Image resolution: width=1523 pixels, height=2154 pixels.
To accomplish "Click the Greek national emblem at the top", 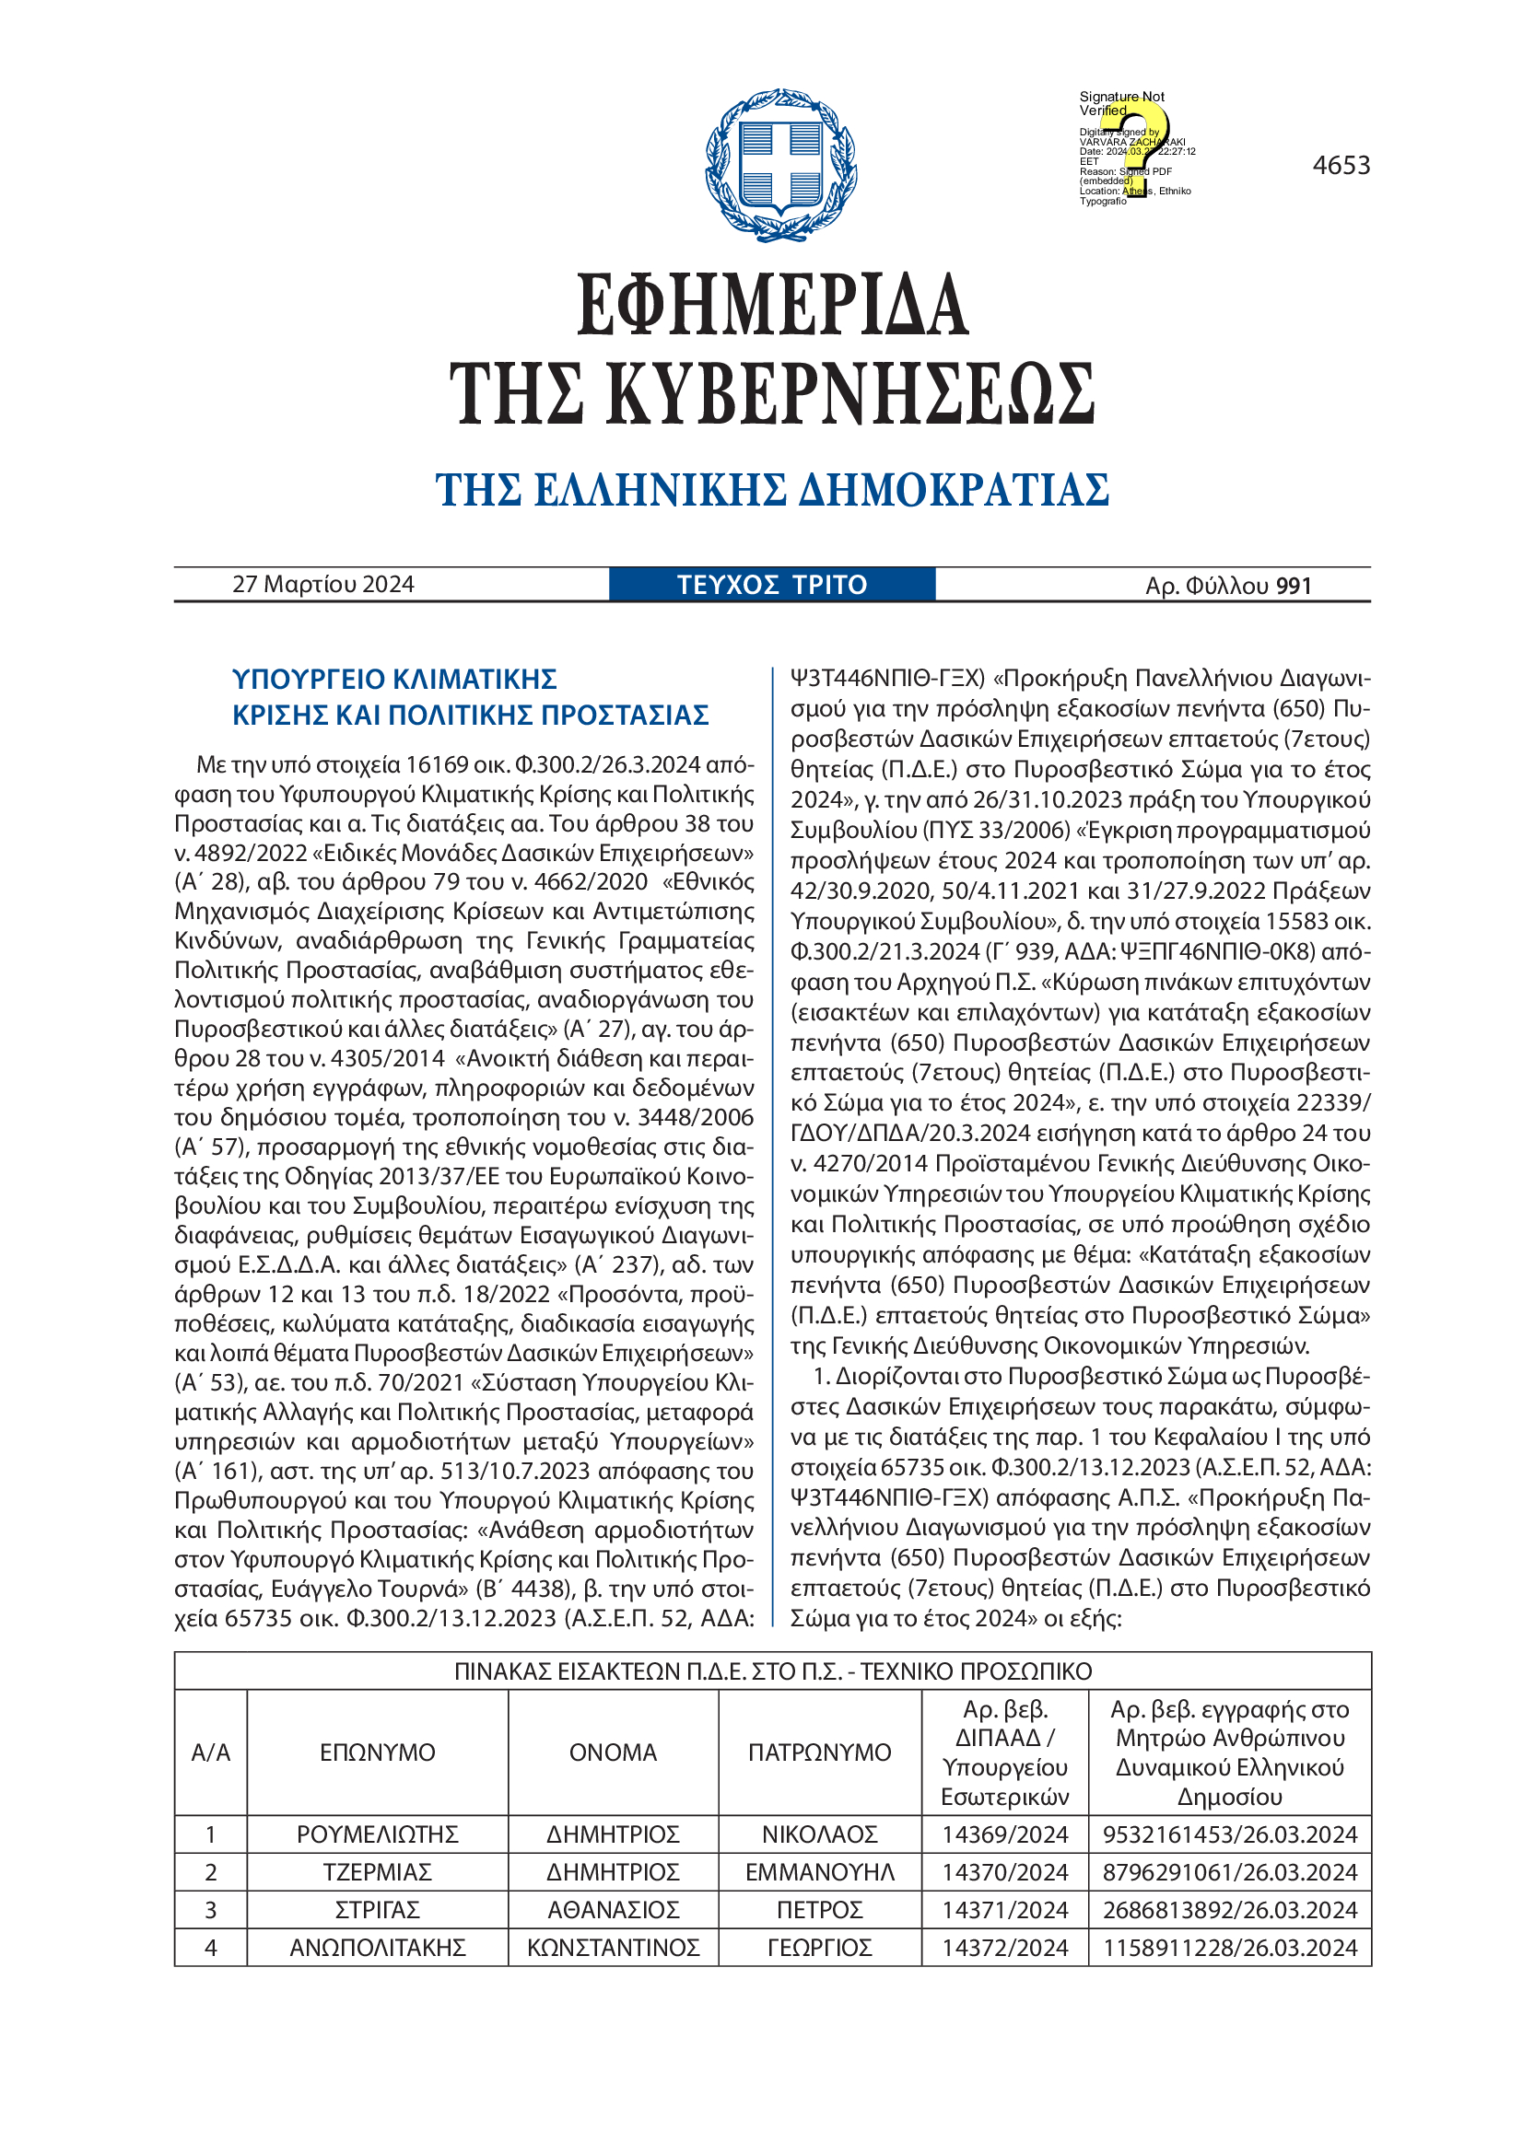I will coord(780,166).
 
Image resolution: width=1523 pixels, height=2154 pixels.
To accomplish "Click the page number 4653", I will coord(1341,166).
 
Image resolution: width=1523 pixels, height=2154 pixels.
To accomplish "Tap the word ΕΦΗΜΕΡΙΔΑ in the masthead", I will coord(771,305).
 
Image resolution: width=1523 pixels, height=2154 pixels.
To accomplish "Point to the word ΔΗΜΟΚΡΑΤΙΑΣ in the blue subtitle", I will coord(954,490).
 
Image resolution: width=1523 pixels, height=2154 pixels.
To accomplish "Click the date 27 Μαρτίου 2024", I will coord(322,585).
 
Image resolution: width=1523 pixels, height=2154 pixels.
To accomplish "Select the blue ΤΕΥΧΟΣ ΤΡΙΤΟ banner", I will coord(771,585).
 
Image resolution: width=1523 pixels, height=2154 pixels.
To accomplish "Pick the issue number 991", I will coord(1293,586).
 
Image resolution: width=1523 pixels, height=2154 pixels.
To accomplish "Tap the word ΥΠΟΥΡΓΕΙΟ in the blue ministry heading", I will coord(308,680).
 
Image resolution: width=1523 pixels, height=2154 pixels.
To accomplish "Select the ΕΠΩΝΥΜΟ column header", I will coord(377,1752).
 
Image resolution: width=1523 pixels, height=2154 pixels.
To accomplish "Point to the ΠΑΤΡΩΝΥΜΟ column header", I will coord(819,1752).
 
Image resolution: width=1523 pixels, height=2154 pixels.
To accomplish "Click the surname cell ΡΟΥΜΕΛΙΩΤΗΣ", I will coord(377,1834).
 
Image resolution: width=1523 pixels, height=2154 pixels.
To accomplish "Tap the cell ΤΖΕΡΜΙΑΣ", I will coord(377,1871).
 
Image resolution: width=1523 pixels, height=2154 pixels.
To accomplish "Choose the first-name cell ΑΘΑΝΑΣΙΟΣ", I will coord(613,1909).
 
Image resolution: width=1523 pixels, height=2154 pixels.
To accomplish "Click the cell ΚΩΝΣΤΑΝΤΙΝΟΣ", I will coord(613,1948).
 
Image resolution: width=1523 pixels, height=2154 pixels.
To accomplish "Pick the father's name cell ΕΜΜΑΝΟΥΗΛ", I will coord(819,1871).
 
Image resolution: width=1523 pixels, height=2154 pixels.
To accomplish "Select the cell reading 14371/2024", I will coord(1005,1909).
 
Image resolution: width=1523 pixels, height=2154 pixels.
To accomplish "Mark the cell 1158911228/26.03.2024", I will coord(1229,1948).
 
